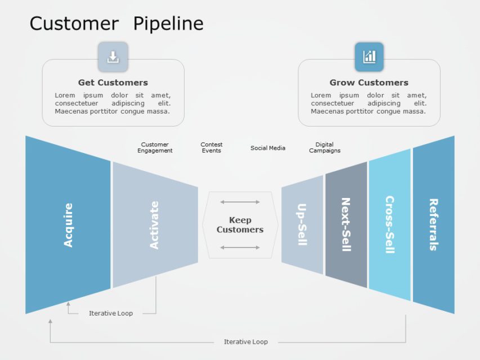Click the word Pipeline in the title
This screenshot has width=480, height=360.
pyautogui.click(x=168, y=24)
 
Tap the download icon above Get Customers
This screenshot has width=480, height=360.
pyautogui.click(x=113, y=57)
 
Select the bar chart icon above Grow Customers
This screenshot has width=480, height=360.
pyautogui.click(x=369, y=57)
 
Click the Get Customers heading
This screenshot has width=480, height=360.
pyautogui.click(x=113, y=82)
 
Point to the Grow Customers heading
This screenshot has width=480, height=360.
pyautogui.click(x=369, y=82)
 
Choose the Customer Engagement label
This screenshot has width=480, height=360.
pyautogui.click(x=155, y=147)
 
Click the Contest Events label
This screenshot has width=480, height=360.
pyautogui.click(x=212, y=147)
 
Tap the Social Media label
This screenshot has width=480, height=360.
pyautogui.click(x=268, y=148)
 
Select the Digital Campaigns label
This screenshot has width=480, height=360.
pyautogui.click(x=325, y=147)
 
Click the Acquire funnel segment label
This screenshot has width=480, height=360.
pyautogui.click(x=68, y=225)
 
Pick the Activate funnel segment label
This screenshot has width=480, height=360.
pyautogui.click(x=154, y=225)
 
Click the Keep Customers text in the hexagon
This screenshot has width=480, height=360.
pyautogui.click(x=240, y=224)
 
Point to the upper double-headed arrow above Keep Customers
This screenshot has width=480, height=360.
pyautogui.click(x=240, y=202)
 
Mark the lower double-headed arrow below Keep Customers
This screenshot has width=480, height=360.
pyautogui.click(x=240, y=247)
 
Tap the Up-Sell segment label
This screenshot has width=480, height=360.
pyautogui.click(x=302, y=224)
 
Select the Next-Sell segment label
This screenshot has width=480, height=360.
pyautogui.click(x=346, y=224)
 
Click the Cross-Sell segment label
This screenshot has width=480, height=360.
pyautogui.click(x=390, y=224)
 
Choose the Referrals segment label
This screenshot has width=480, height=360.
pyautogui.click(x=433, y=224)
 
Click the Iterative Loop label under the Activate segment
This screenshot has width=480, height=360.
pyautogui.click(x=111, y=313)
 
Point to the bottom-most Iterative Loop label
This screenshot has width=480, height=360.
pyautogui.click(x=246, y=341)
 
